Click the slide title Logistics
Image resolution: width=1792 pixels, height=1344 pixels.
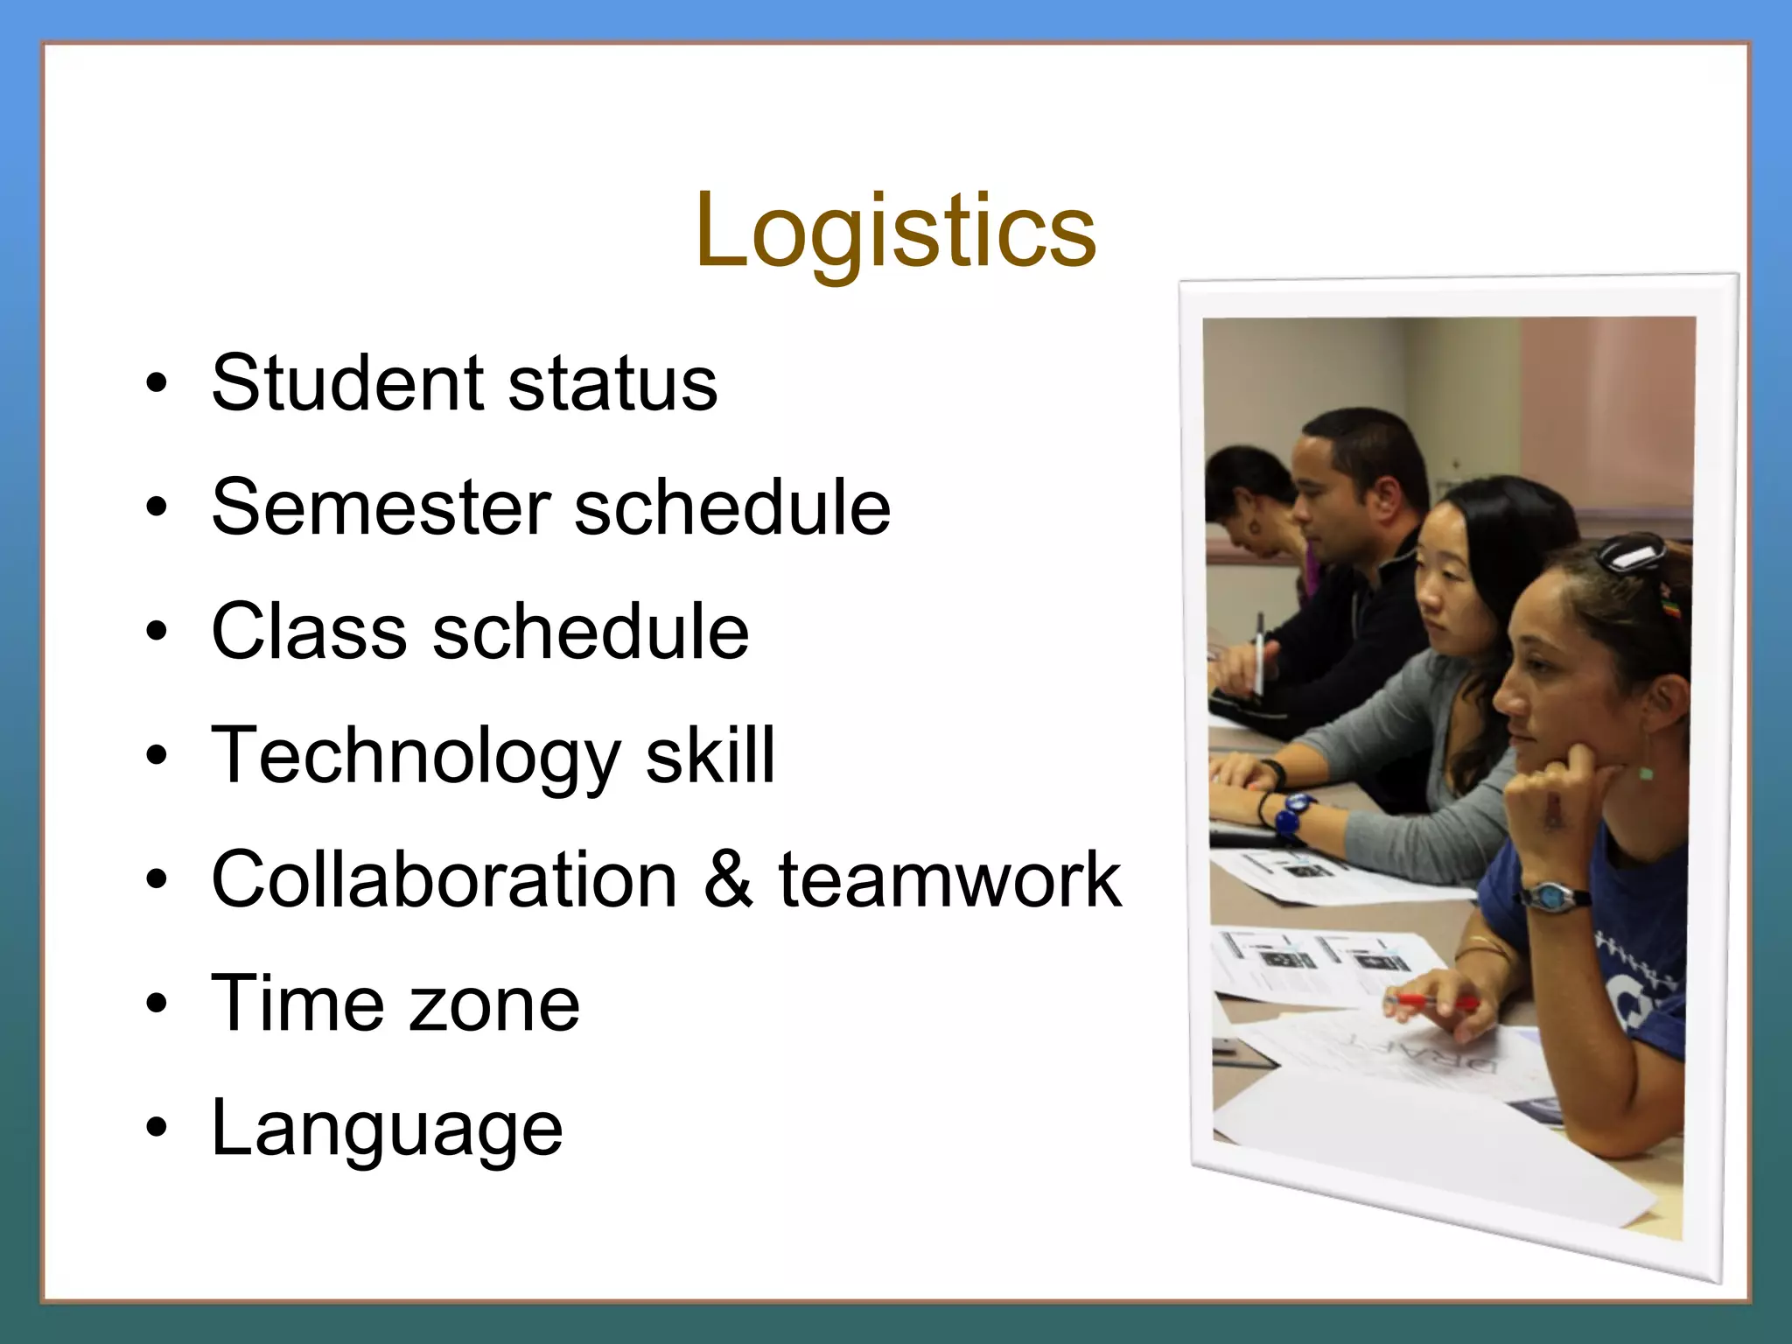click(x=895, y=232)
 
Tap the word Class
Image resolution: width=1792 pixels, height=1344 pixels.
click(x=309, y=631)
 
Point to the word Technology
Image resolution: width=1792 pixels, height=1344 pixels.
click(x=416, y=757)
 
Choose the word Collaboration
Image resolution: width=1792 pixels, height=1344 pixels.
click(x=444, y=879)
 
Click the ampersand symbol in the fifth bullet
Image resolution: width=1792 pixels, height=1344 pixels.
click(x=728, y=879)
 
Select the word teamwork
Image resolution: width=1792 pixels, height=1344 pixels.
click(x=949, y=879)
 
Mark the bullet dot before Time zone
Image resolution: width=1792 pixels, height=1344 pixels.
click(x=156, y=1004)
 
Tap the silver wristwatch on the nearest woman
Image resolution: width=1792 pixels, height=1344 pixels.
click(x=1555, y=895)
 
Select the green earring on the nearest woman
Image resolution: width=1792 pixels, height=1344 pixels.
click(x=1646, y=772)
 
